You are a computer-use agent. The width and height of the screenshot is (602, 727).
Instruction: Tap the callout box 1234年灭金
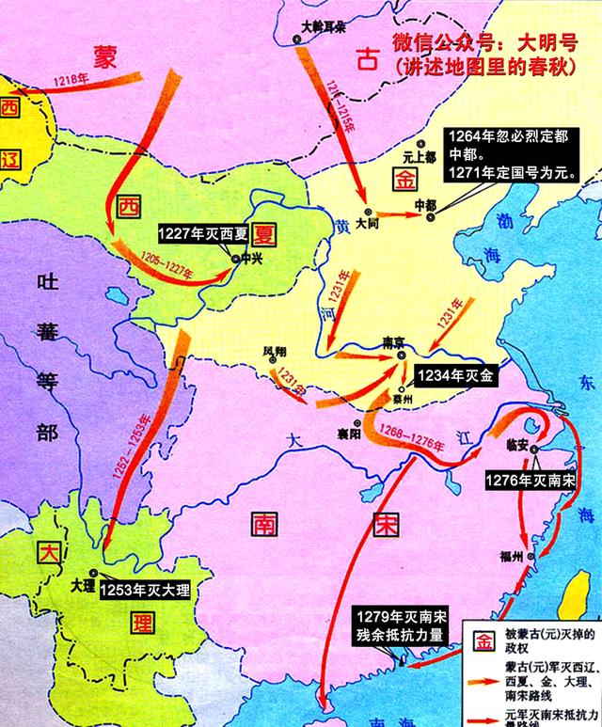pos(457,373)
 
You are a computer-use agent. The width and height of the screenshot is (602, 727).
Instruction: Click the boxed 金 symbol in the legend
pos(483,641)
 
